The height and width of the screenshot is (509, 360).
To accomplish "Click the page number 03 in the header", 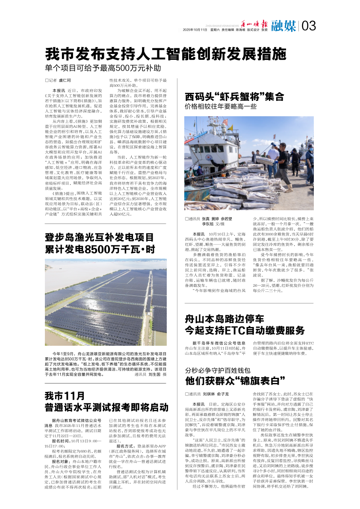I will (309, 26).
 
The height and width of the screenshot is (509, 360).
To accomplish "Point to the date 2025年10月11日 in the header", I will (195, 30).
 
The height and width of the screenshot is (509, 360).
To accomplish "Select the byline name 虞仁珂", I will (64, 80).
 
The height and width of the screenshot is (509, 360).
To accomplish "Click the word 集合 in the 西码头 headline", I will (274, 97).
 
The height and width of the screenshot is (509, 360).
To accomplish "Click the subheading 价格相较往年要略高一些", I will (220, 106).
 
